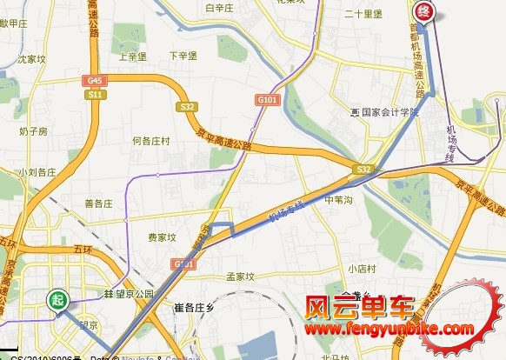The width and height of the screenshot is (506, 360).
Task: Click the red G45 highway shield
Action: (x=94, y=81)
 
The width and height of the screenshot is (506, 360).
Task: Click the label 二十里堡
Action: (x=363, y=14)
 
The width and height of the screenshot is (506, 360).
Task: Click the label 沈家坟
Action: (x=31, y=60)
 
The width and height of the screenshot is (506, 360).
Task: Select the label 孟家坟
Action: (x=240, y=277)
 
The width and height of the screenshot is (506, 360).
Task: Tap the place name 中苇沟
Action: (x=337, y=200)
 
